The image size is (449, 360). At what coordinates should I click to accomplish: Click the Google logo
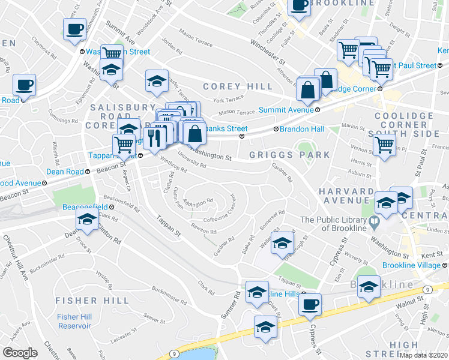tap(20, 353)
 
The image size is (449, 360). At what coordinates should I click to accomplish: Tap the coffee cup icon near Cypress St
tap(310, 305)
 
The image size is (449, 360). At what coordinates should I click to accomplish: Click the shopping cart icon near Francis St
tap(384, 145)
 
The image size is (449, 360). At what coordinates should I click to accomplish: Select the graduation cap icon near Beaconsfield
tap(88, 220)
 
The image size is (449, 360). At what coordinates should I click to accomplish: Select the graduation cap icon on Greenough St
tap(282, 243)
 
